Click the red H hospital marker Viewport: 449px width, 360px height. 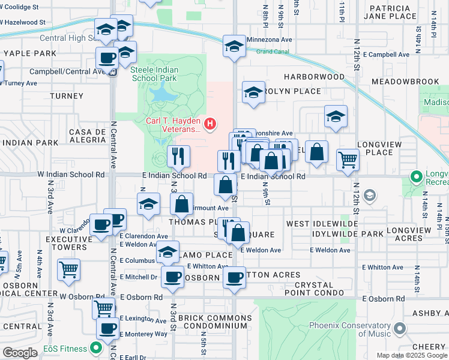pos(210,124)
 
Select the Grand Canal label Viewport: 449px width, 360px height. pos(273,52)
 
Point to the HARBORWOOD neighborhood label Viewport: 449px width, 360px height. pos(315,77)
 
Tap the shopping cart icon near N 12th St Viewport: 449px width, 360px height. pos(347,160)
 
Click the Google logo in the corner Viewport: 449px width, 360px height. pos(20,352)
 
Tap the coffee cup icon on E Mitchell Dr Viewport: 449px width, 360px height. pos(173,277)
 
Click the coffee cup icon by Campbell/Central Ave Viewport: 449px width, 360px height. pos(107,58)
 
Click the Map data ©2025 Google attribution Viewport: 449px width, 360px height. pos(412,355)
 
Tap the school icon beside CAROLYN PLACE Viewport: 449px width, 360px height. pos(253,92)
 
